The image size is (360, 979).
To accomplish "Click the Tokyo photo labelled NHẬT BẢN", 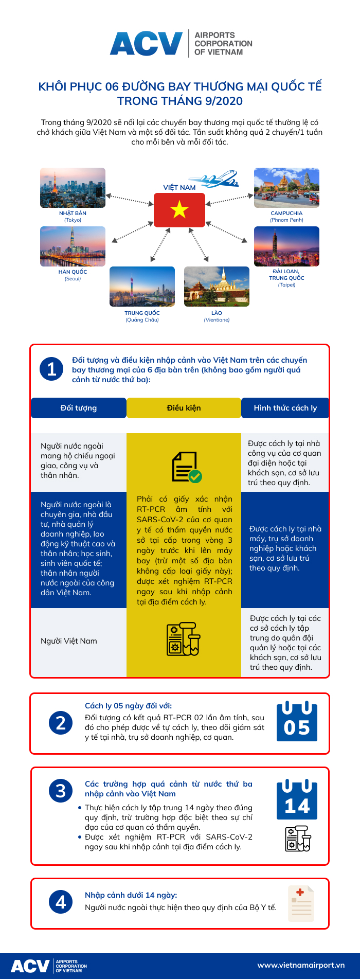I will tap(73, 188).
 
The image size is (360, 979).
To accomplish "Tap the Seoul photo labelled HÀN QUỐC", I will tap(73, 246).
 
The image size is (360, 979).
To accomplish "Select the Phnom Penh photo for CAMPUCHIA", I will tap(286, 188).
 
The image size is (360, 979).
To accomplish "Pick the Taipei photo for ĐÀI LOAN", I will tap(286, 246).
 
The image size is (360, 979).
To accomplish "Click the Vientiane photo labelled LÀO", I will tap(217, 287).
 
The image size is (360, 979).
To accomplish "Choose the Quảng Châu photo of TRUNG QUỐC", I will tap(142, 287).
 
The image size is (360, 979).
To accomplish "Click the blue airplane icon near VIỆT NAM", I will tap(220, 180).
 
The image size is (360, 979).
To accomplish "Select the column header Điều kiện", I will tap(184, 408).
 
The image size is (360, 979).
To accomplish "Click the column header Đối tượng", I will tap(78, 408).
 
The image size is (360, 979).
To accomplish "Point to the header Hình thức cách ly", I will tap(285, 408).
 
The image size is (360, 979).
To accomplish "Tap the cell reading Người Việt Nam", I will tap(69, 641).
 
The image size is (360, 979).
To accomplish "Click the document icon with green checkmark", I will tap(186, 467).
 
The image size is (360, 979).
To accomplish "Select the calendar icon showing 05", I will tap(297, 722).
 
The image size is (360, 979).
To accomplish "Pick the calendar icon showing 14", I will tap(297, 800).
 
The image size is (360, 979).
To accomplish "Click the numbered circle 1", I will tap(52, 369).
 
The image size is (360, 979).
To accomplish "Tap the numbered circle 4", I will tap(61, 902).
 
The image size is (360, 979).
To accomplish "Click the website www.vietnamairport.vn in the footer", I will tap(301, 965).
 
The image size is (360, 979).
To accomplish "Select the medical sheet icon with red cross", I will tap(301, 903).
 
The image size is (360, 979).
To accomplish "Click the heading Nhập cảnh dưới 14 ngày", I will tap(131, 895).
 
